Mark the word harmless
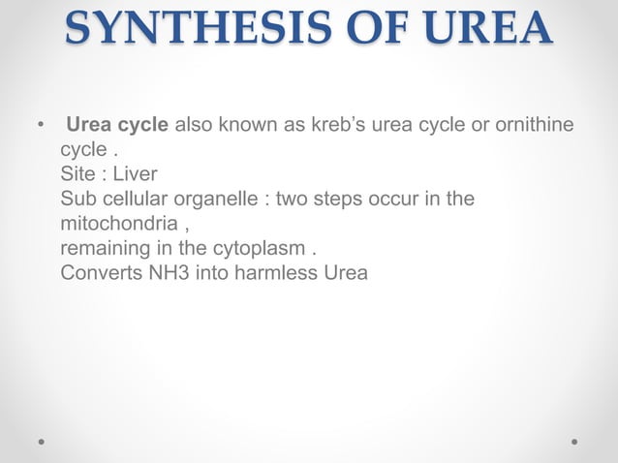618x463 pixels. (274, 272)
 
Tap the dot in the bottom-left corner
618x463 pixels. (42, 440)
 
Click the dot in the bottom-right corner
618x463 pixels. (575, 440)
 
